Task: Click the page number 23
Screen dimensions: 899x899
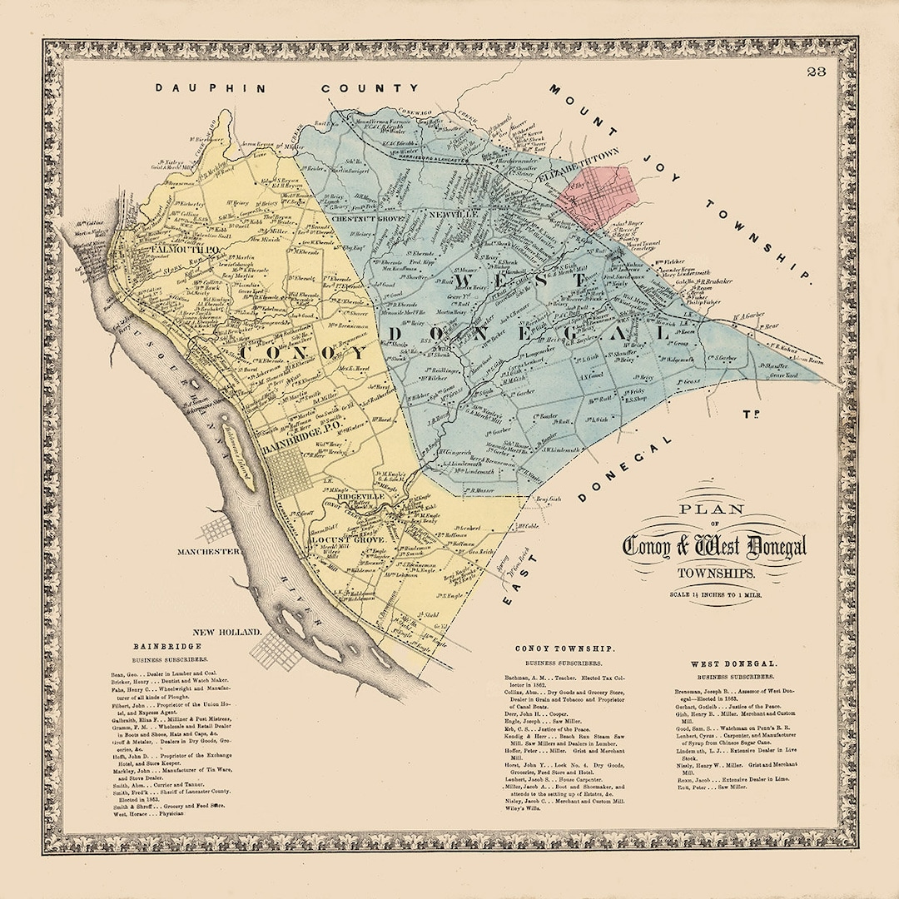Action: pos(816,73)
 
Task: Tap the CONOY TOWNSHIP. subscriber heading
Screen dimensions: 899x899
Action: pos(564,648)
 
